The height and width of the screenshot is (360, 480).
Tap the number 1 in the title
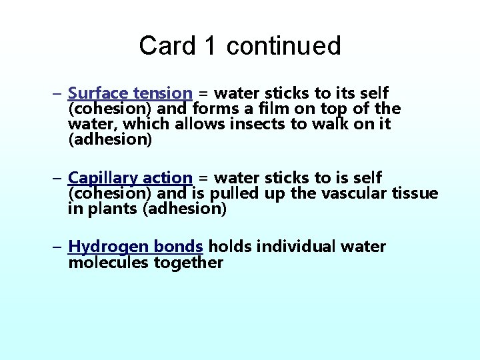(x=211, y=46)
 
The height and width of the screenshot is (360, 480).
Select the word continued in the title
(x=283, y=46)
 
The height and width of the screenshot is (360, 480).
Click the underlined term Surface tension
(x=130, y=93)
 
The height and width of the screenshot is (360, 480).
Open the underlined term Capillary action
(x=130, y=178)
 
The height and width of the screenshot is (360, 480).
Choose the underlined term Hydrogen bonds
(x=136, y=247)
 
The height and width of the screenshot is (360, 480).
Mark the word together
(x=189, y=263)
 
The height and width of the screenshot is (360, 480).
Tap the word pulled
(x=239, y=193)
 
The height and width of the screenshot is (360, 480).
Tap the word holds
(x=230, y=247)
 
